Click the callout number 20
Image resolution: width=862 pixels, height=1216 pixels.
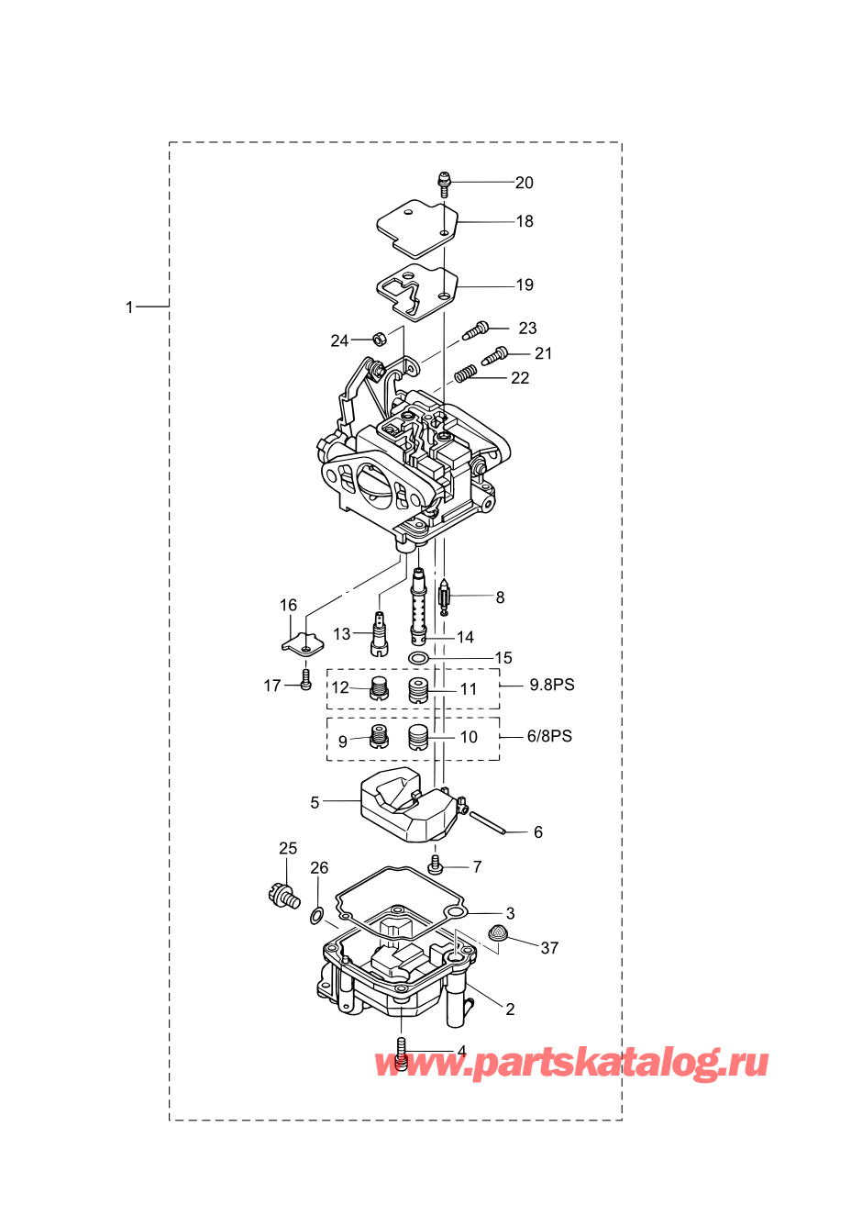[x=524, y=183]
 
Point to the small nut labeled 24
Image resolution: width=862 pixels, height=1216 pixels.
[x=378, y=340]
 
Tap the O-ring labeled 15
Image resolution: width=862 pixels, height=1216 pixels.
[x=418, y=659]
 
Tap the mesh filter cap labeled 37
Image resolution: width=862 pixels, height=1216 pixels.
[x=498, y=932]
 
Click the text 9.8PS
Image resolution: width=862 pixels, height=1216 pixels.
[x=552, y=685]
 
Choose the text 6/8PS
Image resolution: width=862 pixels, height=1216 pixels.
[x=549, y=736]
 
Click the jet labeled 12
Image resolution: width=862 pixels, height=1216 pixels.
[x=379, y=689]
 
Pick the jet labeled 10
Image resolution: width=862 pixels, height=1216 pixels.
[x=418, y=738]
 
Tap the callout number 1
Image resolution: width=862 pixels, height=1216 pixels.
[x=129, y=307]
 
